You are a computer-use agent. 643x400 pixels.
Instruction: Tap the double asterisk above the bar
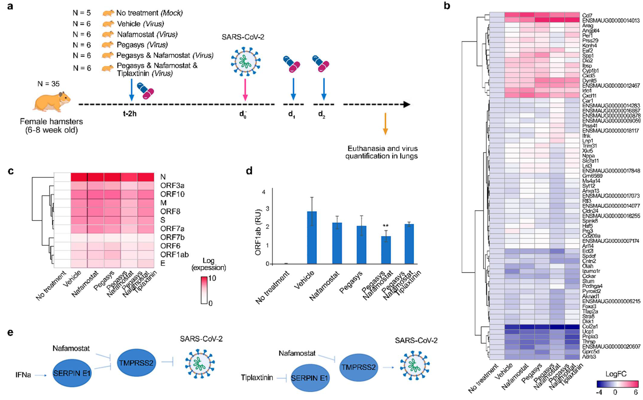pyautogui.click(x=385, y=226)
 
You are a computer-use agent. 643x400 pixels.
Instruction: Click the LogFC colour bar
pyautogui.click(x=617, y=384)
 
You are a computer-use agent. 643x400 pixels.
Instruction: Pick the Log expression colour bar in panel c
pyautogui.click(x=204, y=290)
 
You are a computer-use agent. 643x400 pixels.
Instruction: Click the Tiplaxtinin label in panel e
pyautogui.click(x=257, y=377)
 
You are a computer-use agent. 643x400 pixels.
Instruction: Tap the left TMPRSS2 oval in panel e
pyautogui.click(x=136, y=363)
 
